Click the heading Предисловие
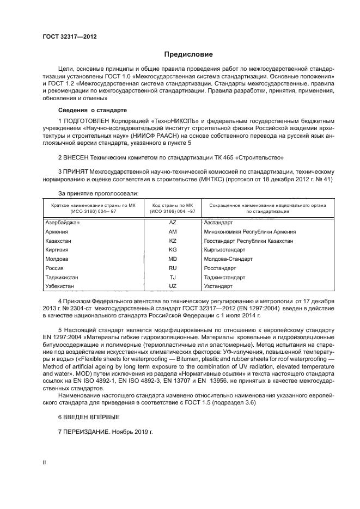pos(189,54)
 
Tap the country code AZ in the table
pos(173,223)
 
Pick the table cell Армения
pos(57,231)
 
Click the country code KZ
pos(173,241)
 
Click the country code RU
pos(173,268)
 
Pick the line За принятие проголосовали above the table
pos(98,193)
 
